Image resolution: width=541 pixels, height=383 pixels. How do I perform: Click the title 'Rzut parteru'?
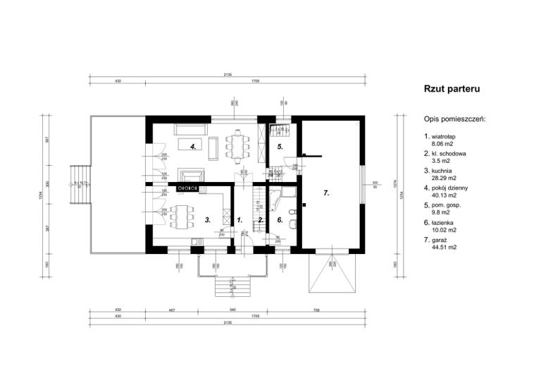[452, 90]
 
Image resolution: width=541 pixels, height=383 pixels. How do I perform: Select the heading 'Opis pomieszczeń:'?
[455, 120]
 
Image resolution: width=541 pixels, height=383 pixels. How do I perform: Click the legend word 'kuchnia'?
[443, 171]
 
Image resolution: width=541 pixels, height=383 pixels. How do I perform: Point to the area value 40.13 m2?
[444, 195]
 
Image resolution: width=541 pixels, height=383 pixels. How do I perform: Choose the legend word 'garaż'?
[441, 241]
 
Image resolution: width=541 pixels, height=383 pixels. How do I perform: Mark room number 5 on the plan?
[280, 147]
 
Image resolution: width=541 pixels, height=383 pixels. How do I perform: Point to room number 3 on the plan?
[207, 220]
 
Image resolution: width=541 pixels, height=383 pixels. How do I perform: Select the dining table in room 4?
[238, 145]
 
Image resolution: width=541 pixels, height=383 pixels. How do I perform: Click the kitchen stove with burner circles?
[187, 189]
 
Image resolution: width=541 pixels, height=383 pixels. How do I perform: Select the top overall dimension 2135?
[228, 74]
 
